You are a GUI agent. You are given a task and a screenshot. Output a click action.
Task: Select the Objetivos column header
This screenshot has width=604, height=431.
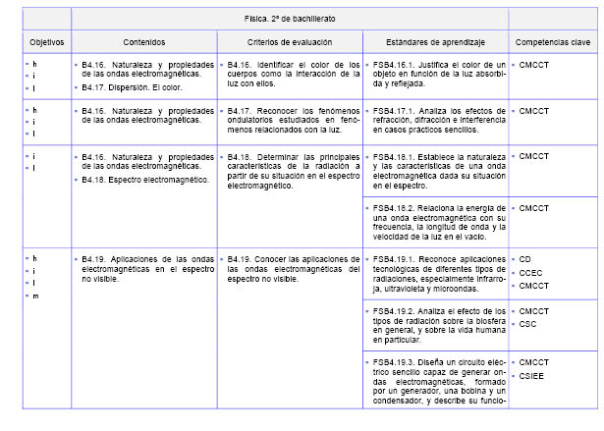click(x=47, y=43)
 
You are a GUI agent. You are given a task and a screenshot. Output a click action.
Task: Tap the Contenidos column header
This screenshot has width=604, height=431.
click(x=143, y=43)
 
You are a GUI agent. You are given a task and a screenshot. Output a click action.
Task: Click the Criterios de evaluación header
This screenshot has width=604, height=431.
click(x=289, y=43)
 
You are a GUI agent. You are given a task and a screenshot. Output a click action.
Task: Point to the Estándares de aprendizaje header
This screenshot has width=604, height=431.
click(x=435, y=43)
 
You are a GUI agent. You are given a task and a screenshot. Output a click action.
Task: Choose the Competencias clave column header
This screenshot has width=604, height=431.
click(x=552, y=43)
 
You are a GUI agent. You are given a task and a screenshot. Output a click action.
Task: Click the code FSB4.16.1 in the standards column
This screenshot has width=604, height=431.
click(x=393, y=64)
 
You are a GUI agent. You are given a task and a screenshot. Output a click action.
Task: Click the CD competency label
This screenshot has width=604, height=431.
click(x=525, y=258)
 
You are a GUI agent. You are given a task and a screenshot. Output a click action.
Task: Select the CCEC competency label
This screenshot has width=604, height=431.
click(x=530, y=272)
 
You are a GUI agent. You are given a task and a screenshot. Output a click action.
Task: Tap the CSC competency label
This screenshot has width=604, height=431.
click(x=527, y=324)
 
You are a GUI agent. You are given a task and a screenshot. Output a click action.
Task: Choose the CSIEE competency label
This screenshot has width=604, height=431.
click(x=531, y=375)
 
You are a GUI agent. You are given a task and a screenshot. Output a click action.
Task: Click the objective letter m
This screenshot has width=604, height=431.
click(x=35, y=296)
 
